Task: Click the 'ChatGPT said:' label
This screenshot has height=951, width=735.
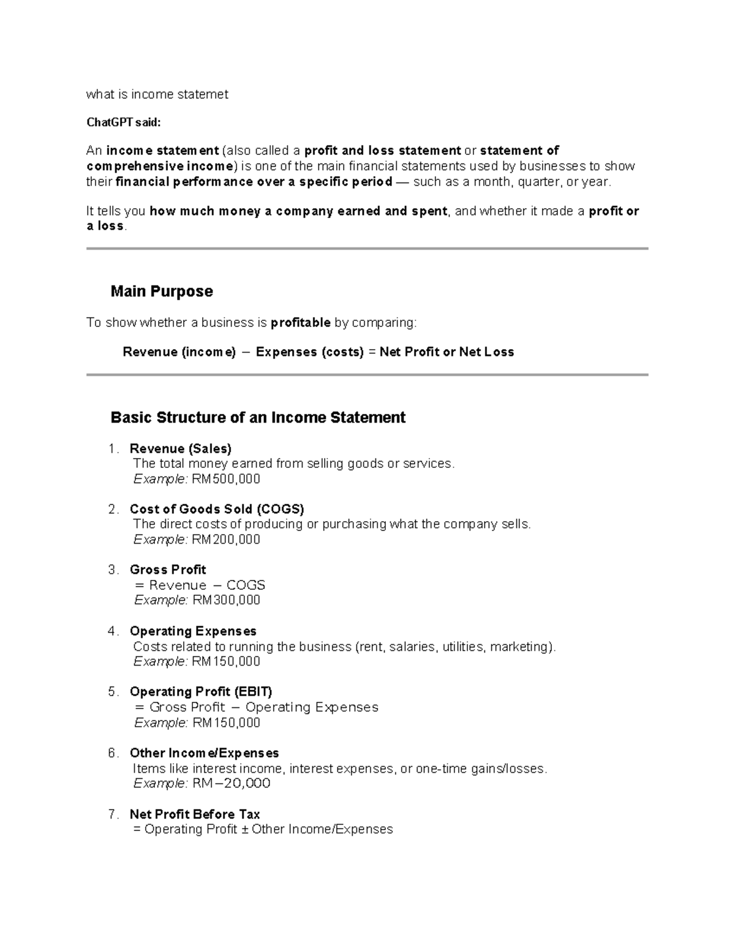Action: click(x=123, y=122)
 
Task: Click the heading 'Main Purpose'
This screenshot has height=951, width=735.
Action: click(x=162, y=291)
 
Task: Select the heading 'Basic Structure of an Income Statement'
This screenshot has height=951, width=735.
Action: click(x=258, y=418)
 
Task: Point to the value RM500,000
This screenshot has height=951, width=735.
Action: click(x=226, y=479)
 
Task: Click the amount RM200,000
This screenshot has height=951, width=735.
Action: click(x=226, y=539)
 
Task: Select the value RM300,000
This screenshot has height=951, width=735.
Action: click(x=226, y=600)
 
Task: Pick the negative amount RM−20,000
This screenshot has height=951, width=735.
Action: click(x=232, y=783)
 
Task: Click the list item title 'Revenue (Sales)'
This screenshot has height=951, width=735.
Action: click(x=181, y=449)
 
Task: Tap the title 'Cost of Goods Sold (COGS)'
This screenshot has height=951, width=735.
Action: click(x=217, y=509)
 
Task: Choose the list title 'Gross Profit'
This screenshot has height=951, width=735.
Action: click(x=168, y=570)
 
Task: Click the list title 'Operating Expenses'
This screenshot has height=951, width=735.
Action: click(x=193, y=631)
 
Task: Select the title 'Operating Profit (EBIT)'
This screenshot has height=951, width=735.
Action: click(x=201, y=692)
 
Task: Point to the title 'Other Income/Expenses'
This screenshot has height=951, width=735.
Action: click(x=204, y=753)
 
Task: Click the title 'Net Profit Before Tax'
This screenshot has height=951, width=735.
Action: click(x=195, y=814)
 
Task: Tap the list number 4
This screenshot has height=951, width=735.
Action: click(x=112, y=631)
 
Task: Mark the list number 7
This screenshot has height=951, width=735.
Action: click(x=112, y=814)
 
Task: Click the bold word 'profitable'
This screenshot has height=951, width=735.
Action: click(x=301, y=323)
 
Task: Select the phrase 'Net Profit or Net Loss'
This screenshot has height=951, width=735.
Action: click(x=447, y=352)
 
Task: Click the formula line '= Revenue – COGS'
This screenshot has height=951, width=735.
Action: click(x=200, y=585)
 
